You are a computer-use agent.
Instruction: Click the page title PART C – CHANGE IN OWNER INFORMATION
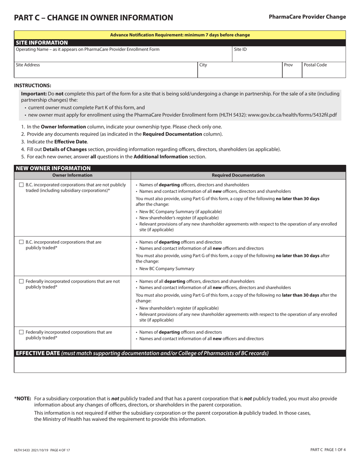pyautogui.click(x=93, y=18)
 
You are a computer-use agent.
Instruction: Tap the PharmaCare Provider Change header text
pyautogui.click(x=307, y=17)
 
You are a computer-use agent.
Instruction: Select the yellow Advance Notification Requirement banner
pyautogui.click(x=180, y=35)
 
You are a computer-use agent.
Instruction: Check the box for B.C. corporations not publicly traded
pyautogui.click(x=21, y=185)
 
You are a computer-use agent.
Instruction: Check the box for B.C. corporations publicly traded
pyautogui.click(x=21, y=242)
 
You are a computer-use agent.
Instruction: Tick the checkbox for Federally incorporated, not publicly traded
pyautogui.click(x=21, y=281)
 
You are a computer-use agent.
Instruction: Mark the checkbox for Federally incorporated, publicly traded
pyautogui.click(x=21, y=332)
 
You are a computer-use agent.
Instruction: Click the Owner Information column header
pyautogui.click(x=72, y=175)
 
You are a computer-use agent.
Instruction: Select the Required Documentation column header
pyautogui.click(x=238, y=175)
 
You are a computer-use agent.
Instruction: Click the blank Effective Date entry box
pyautogui.click(x=180, y=364)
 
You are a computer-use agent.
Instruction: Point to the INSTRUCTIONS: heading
pyautogui.click(x=33, y=86)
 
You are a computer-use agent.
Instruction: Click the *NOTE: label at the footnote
pyautogui.click(x=22, y=399)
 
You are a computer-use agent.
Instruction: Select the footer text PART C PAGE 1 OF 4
pyautogui.click(x=327, y=450)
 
